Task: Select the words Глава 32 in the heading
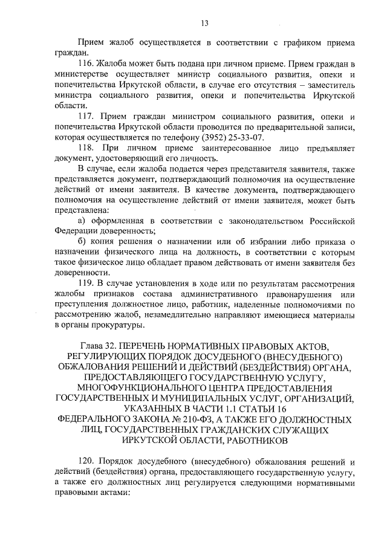(x=100, y=346)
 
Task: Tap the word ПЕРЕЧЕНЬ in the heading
(x=151, y=346)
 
